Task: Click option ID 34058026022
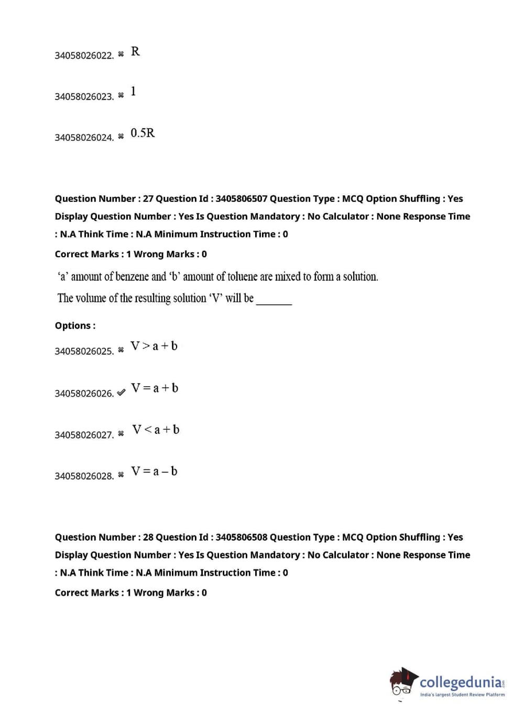tap(84, 56)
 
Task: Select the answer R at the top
tap(135, 51)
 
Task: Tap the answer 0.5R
tap(143, 133)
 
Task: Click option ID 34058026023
tap(84, 96)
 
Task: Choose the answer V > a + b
tap(154, 346)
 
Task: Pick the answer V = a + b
tap(155, 388)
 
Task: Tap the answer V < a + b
tap(156, 430)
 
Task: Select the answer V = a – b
tap(154, 472)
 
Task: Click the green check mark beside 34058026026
tap(121, 392)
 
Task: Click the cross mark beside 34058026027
tap(121, 434)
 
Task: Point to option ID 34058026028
tap(84, 476)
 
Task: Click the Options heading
tap(75, 326)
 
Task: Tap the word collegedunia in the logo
tap(461, 682)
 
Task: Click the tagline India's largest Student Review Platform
tap(462, 695)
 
